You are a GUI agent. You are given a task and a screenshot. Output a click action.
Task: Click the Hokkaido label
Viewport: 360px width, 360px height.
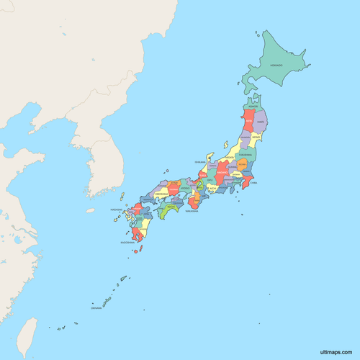[x=276, y=66]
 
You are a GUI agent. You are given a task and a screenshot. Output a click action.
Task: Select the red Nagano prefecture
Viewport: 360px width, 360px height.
[x=222, y=174]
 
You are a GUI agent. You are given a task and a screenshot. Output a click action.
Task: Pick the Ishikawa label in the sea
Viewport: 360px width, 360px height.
[x=199, y=163]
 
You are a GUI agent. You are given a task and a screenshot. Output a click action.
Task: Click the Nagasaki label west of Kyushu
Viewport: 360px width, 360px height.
[x=117, y=210]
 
